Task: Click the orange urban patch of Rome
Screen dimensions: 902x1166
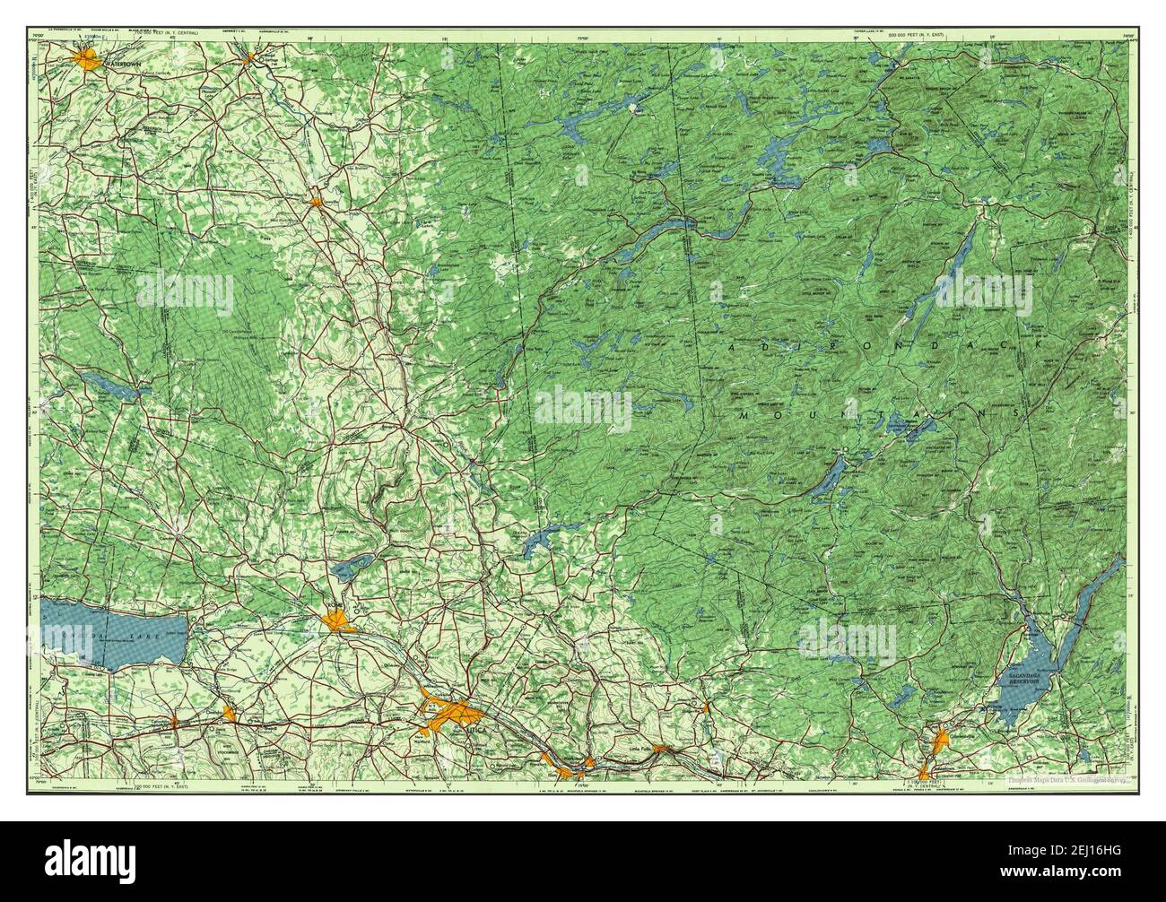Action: click(339, 620)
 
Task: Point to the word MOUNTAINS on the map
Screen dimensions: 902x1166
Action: click(878, 417)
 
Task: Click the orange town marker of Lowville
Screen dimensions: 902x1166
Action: click(316, 202)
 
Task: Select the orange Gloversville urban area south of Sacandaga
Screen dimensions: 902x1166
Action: click(941, 742)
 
